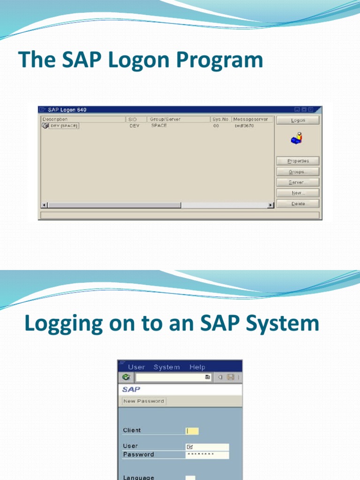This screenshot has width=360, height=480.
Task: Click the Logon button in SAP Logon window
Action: tap(298, 120)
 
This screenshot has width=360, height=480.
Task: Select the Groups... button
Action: tap(298, 172)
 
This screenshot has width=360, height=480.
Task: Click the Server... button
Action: tap(298, 182)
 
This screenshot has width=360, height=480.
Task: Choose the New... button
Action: tap(298, 193)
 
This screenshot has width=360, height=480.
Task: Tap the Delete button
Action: tap(298, 204)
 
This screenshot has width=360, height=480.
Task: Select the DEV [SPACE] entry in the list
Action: tap(64, 126)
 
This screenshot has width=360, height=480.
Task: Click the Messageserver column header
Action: tap(253, 120)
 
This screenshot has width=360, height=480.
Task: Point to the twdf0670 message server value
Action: tap(244, 126)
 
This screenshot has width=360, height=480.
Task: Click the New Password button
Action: tap(143, 401)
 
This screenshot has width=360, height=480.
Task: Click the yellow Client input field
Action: tap(192, 431)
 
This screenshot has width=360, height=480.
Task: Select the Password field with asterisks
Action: tap(207, 455)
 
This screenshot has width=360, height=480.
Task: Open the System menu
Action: tap(166, 367)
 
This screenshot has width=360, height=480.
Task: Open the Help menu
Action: tap(197, 367)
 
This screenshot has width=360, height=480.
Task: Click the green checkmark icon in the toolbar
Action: tap(126, 377)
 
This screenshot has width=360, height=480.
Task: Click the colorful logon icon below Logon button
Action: tap(297, 138)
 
